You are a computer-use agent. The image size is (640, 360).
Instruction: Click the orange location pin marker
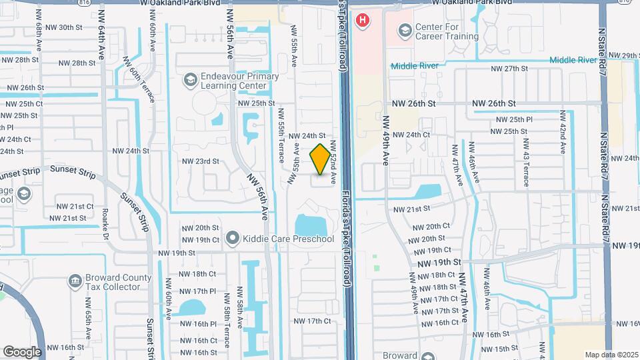pyautogui.click(x=320, y=160)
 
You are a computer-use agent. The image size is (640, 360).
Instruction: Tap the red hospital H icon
pyautogui.click(x=363, y=21)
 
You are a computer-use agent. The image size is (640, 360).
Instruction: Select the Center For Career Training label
pyautogui.click(x=447, y=31)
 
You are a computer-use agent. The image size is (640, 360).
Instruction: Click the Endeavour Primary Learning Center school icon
pyautogui.click(x=191, y=81)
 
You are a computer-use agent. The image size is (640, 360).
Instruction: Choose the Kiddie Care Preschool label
pyautogui.click(x=287, y=238)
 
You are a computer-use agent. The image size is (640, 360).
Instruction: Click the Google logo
pyautogui.click(x=21, y=351)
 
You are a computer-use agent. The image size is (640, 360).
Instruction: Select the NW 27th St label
pyautogui.click(x=509, y=69)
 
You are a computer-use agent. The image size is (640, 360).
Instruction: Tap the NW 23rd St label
pyautogui.click(x=201, y=161)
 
